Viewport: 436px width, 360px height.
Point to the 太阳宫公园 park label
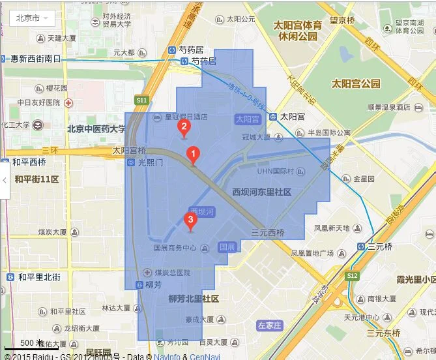click(356, 83)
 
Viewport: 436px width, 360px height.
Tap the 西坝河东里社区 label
click(262, 192)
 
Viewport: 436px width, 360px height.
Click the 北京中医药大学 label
click(96, 129)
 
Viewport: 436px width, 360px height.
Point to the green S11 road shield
click(142, 100)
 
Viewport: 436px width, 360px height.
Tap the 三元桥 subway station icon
click(361, 247)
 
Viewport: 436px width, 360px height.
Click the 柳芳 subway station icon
click(139, 285)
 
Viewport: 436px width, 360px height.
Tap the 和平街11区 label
click(37, 179)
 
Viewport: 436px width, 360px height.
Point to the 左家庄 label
click(269, 324)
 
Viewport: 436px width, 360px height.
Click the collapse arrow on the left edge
click(4, 180)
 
